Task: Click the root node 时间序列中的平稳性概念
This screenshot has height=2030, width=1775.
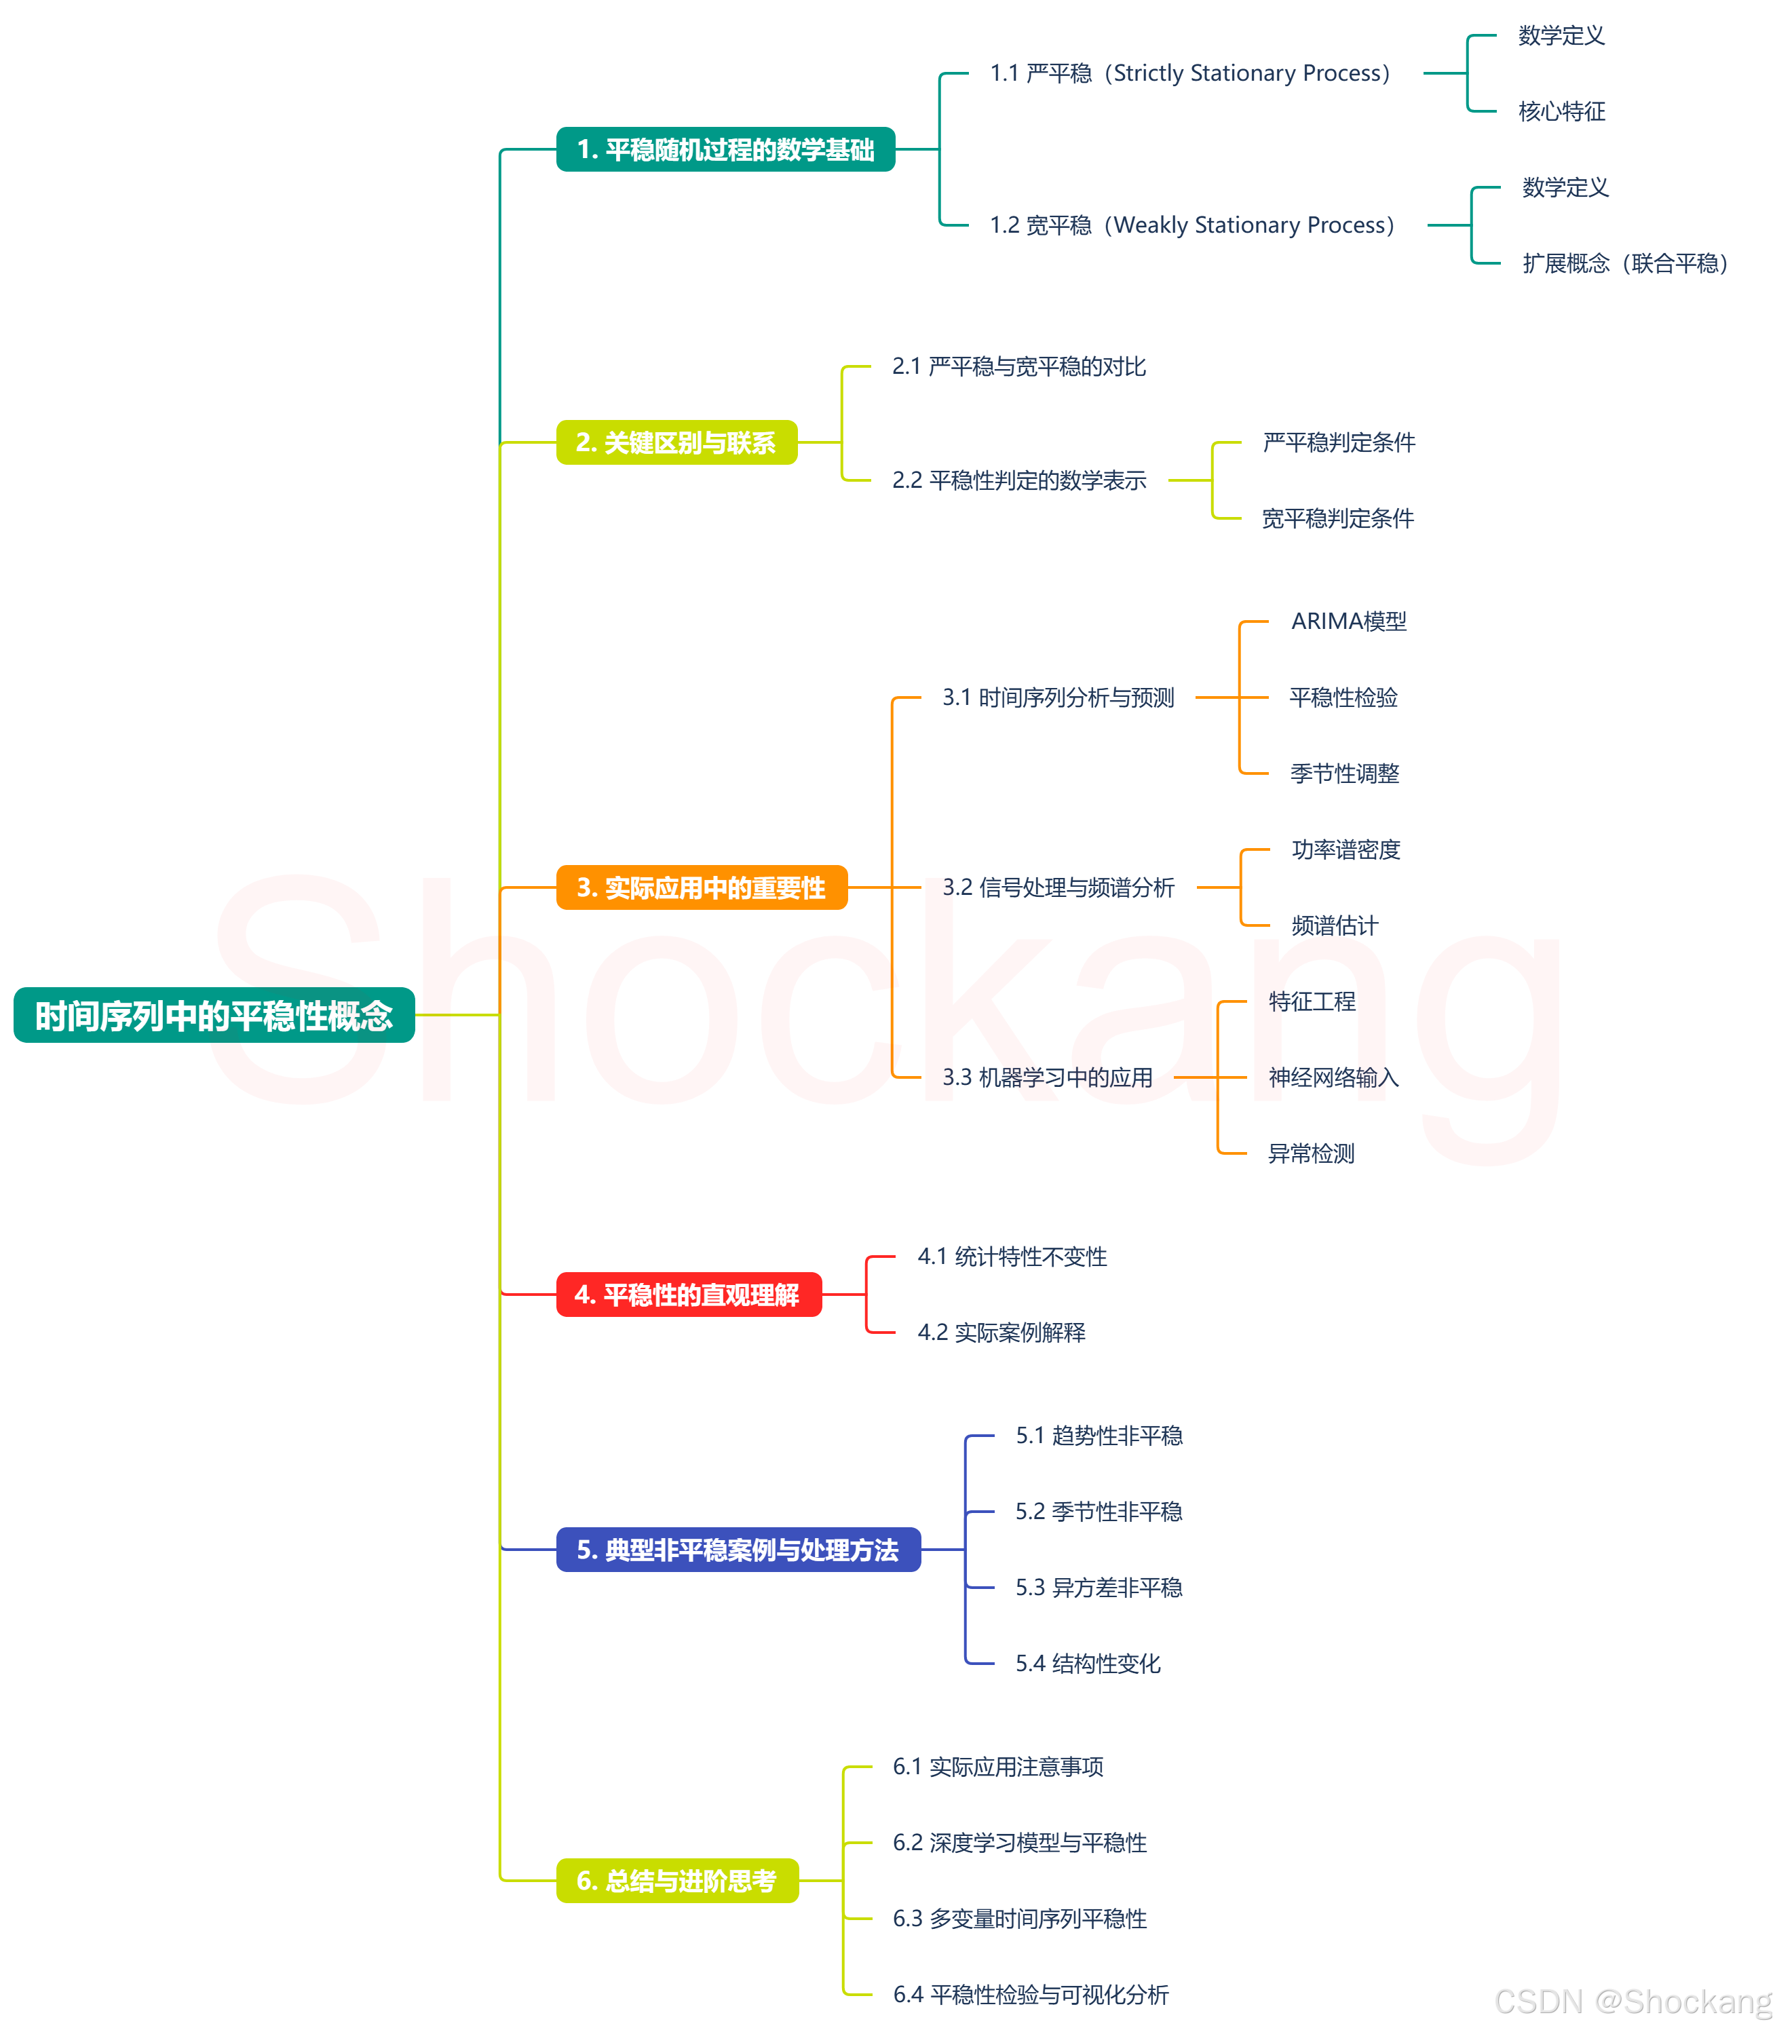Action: pos(214,1015)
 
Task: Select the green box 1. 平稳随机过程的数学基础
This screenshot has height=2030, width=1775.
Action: pos(725,149)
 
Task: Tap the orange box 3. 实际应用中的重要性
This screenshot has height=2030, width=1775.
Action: pos(702,887)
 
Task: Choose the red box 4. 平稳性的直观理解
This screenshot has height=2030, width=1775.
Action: pos(689,1295)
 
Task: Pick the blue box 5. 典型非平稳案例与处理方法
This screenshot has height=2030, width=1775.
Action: pos(738,1550)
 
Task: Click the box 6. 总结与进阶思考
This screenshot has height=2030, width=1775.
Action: pos(676,1881)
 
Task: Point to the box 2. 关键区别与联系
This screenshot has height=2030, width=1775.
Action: pos(676,442)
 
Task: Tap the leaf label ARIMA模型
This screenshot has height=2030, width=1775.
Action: pos(1349,622)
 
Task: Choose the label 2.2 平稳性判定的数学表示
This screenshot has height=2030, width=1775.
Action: pos(1019,481)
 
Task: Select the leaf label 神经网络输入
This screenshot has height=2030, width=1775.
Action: pos(1333,1077)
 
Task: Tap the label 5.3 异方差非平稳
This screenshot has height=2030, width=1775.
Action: pos(1099,1588)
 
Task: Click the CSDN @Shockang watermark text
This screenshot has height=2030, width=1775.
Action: pos(1633,2002)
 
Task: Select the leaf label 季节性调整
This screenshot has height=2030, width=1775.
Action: pos(1344,773)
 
